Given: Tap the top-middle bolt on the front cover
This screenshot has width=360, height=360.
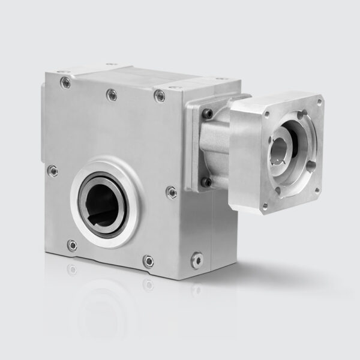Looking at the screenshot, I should click(x=111, y=94).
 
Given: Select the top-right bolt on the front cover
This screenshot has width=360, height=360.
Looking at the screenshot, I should click(x=159, y=95).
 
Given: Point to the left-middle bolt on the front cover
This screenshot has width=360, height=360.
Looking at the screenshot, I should click(x=53, y=171).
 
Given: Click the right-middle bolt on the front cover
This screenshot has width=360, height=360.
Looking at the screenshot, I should click(x=171, y=192).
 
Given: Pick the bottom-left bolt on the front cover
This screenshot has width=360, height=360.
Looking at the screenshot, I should click(x=72, y=245).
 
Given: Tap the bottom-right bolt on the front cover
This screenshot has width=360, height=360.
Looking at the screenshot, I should click(x=148, y=261).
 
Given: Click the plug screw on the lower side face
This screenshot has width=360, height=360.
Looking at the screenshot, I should click(x=196, y=260).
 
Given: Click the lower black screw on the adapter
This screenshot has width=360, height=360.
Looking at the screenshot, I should click(x=206, y=181).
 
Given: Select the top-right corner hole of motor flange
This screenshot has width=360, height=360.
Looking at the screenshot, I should click(x=319, y=102).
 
